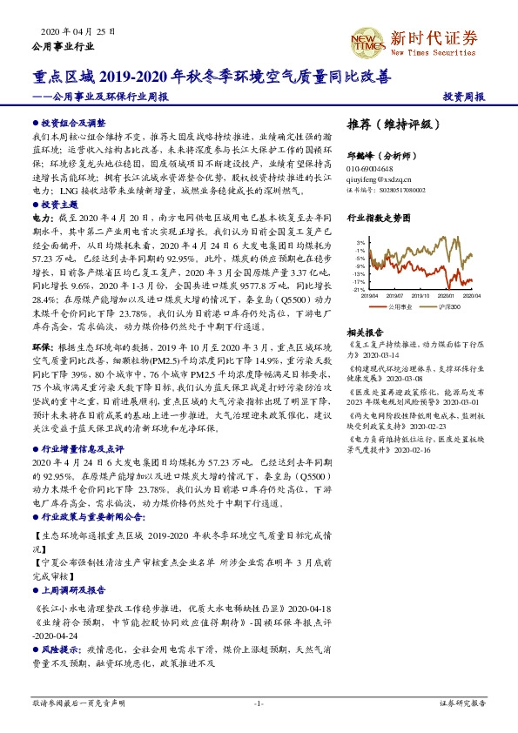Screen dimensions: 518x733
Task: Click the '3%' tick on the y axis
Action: (x=359, y=243)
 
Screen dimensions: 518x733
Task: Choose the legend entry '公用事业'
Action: (x=396, y=307)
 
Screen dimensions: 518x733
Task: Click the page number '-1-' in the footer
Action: (x=259, y=702)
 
